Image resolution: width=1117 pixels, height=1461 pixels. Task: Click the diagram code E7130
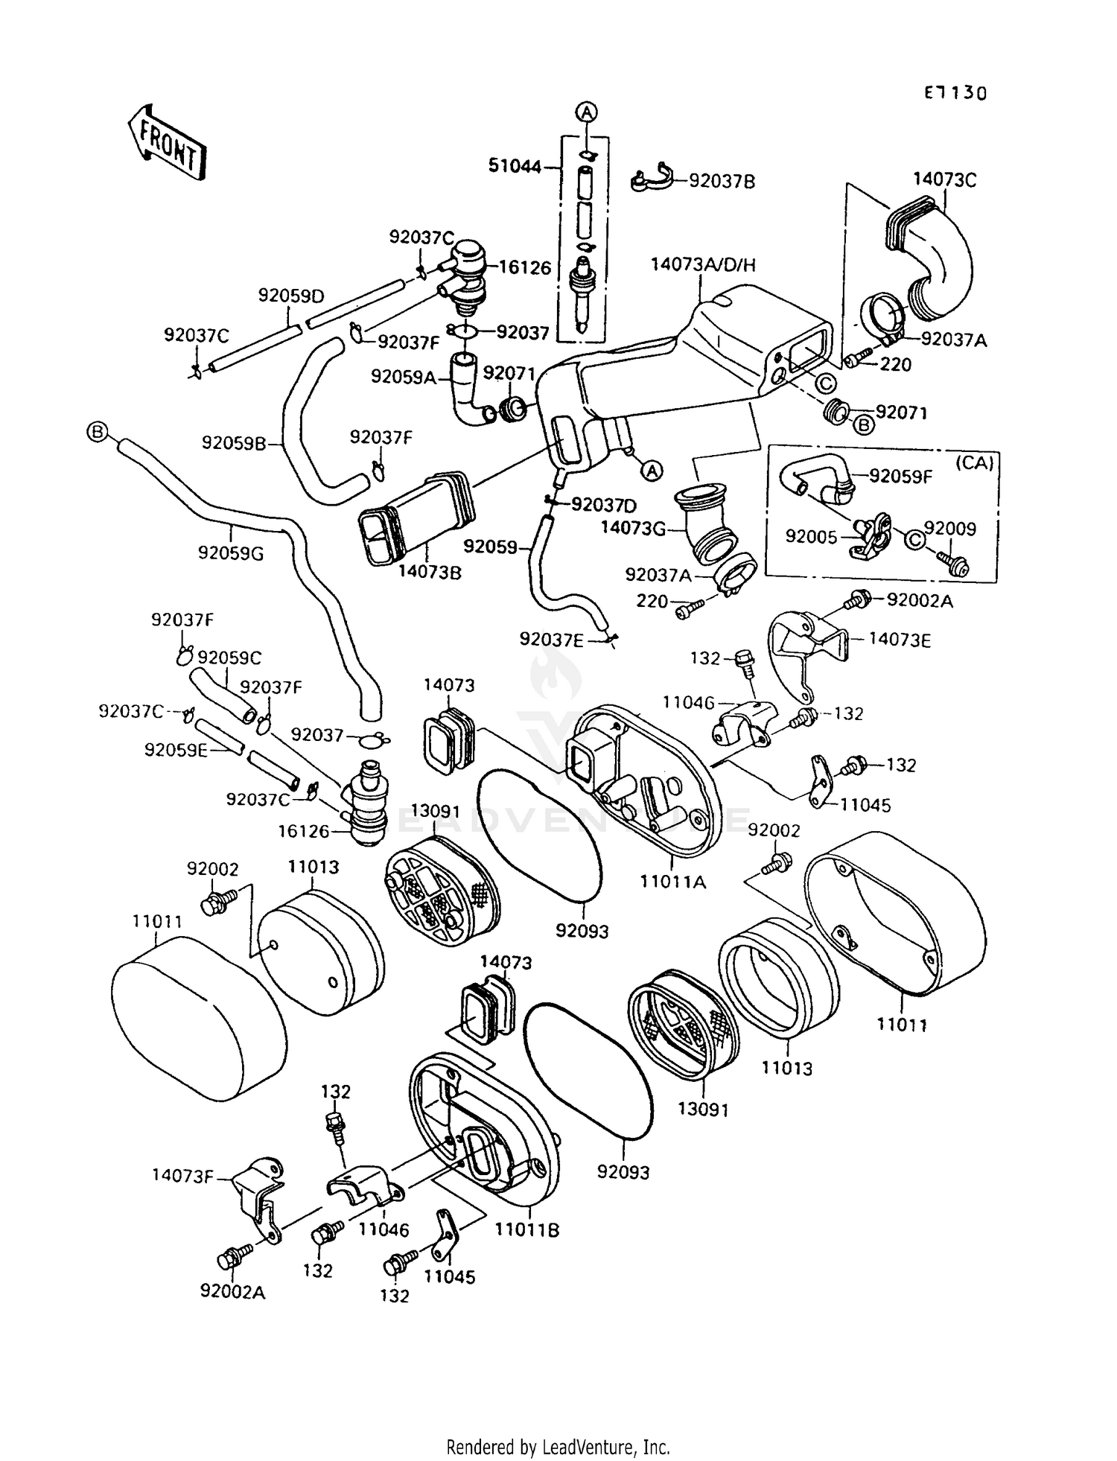(955, 93)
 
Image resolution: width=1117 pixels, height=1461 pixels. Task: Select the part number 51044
(514, 166)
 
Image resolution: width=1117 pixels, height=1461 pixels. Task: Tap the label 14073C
(945, 179)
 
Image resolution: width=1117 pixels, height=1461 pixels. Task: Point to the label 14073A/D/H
(702, 264)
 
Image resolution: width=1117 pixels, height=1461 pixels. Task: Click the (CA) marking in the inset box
(974, 462)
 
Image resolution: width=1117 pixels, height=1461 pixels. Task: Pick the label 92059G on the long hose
(231, 553)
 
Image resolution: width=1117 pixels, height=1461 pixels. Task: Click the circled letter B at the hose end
(97, 431)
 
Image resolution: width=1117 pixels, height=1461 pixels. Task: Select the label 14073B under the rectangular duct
(430, 572)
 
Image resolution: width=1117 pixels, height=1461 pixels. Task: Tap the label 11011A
(673, 882)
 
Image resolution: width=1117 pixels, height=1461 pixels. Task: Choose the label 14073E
(899, 640)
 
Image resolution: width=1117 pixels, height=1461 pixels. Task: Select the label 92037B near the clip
(722, 181)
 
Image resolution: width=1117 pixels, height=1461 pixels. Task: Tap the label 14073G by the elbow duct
(633, 529)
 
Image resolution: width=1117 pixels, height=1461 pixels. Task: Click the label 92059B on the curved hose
(233, 443)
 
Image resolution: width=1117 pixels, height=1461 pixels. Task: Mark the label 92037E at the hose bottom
(552, 639)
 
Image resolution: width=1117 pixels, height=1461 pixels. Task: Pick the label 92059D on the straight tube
(291, 296)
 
